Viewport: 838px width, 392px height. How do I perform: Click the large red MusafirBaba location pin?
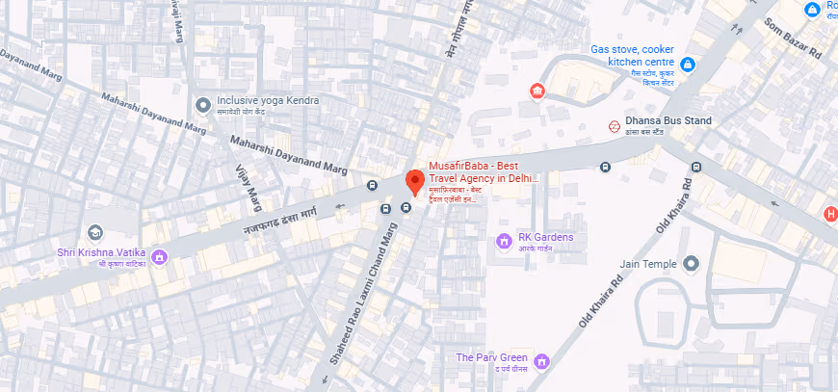[414, 181]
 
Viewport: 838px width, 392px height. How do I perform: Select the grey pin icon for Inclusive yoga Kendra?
[202, 104]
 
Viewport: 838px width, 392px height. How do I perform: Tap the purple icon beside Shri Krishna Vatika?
[160, 256]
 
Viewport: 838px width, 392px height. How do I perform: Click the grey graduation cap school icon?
[94, 233]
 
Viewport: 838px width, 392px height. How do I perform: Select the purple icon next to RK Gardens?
[503, 239]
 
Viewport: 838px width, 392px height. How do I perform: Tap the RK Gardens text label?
[546, 237]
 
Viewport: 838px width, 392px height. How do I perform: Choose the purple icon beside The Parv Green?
[541, 361]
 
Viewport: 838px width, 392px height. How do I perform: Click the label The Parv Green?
[492, 357]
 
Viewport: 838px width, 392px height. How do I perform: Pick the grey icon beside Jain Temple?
[691, 263]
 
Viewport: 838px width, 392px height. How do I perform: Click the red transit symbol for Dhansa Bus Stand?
[614, 125]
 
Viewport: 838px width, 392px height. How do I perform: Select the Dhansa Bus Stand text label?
[668, 120]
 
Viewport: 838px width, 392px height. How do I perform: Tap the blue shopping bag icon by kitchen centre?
[688, 65]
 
